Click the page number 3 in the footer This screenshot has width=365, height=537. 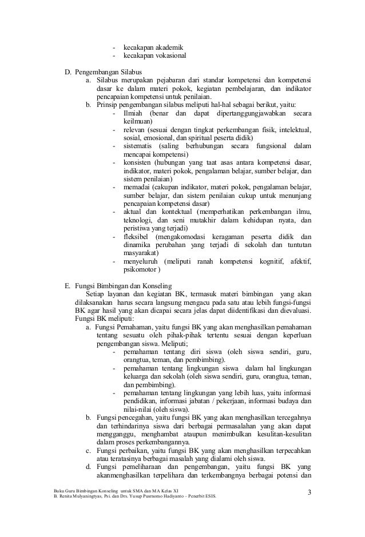310,493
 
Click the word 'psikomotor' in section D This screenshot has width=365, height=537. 141,271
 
